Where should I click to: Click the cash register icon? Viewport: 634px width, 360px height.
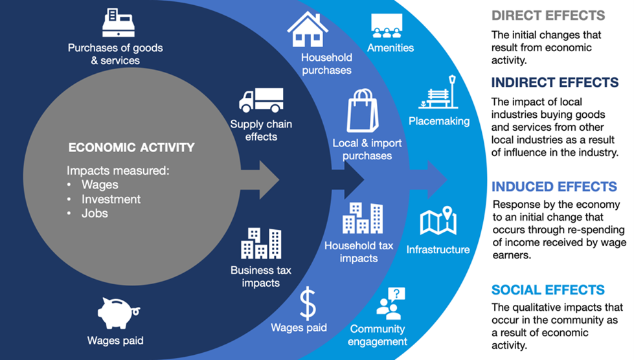pos(118,23)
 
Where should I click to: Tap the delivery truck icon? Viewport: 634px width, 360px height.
pos(261,100)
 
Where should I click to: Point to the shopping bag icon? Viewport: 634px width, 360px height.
pos(362,110)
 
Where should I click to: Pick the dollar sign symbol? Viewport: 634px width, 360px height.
pos(308,304)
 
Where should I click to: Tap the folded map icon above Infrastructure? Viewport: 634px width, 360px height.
pos(438,221)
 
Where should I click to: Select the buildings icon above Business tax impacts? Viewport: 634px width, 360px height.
pos(261,243)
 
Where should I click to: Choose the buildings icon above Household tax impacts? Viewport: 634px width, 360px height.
pos(362,218)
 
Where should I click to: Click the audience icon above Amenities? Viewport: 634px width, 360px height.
pos(387,25)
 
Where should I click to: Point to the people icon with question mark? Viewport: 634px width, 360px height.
pos(391,304)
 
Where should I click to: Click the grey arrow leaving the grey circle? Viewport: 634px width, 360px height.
pos(260,180)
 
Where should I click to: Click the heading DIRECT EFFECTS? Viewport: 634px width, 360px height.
pos(548,16)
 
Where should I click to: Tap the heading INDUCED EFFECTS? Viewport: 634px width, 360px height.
pos(554,186)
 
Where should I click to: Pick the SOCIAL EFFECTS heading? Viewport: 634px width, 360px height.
pos(548,289)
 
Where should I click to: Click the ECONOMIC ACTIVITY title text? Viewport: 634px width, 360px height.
pos(131,148)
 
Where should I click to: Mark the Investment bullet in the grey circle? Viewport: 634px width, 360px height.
pos(111,199)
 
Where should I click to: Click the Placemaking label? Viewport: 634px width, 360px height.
pos(439,121)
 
